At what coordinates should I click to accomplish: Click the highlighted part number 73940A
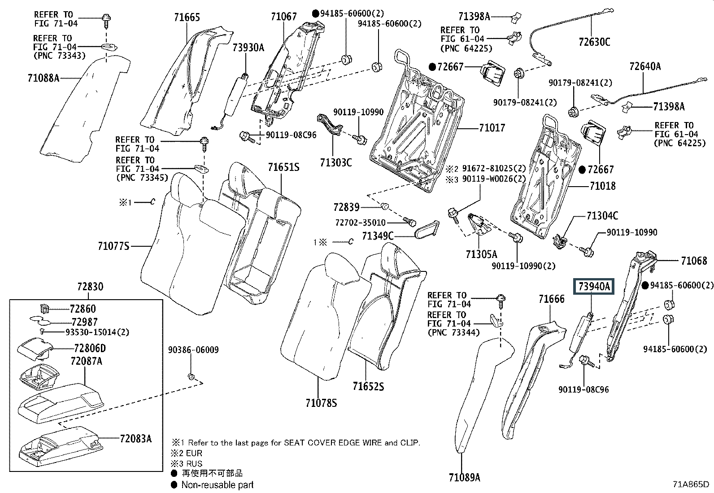tap(594, 286)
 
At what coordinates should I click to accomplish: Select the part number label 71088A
tap(43, 78)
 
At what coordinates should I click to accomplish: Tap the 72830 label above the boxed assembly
tap(90, 286)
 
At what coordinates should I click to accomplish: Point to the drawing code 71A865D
tap(691, 484)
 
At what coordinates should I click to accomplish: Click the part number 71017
tap(492, 128)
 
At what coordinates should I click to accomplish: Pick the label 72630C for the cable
tap(594, 42)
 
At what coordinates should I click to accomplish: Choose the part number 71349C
tap(378, 236)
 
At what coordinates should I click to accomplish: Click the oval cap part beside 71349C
tap(426, 230)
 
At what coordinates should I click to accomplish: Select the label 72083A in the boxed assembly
tap(135, 438)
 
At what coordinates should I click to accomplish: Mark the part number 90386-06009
tap(193, 350)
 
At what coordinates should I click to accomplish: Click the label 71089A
tap(464, 477)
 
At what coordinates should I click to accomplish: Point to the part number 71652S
tap(368, 386)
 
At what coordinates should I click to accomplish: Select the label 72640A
tap(645, 66)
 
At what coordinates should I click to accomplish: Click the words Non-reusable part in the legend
tap(218, 484)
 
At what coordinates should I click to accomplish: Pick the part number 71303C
tap(336, 162)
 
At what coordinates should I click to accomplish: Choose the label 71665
tap(187, 17)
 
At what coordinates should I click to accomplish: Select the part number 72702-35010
tap(360, 223)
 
